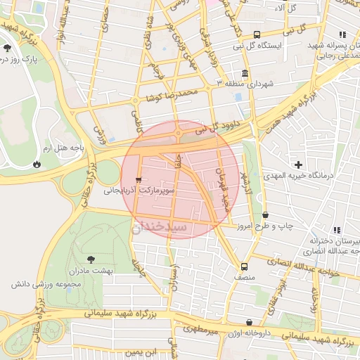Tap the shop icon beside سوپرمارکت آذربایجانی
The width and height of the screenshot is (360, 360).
139,179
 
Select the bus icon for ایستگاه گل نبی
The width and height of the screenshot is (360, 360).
257,34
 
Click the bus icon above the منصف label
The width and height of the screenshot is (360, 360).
244,266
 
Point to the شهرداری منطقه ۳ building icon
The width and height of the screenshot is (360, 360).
244,73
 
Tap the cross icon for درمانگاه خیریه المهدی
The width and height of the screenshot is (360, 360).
299,164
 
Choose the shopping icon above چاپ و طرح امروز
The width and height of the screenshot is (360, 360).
265,214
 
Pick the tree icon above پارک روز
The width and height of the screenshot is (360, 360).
7,48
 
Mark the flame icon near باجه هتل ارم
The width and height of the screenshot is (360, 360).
36,164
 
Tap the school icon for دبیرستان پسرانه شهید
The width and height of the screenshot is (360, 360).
342,34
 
